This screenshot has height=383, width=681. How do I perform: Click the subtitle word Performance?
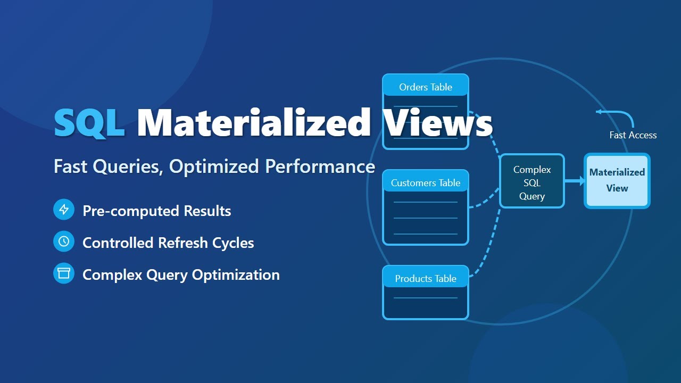click(320, 166)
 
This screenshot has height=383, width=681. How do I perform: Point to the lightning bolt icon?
click(64, 210)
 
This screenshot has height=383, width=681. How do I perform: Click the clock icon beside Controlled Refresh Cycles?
click(64, 242)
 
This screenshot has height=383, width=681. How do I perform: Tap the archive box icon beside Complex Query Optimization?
click(64, 273)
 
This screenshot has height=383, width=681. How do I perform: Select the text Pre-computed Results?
click(156, 211)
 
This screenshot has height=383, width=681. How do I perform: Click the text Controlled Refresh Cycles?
click(168, 243)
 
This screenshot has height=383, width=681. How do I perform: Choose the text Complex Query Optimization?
click(181, 275)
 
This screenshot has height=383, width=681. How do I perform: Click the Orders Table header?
click(426, 87)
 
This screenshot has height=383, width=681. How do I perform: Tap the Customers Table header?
click(426, 183)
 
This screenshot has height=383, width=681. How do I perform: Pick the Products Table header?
click(426, 279)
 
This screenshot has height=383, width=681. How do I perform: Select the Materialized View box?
click(617, 181)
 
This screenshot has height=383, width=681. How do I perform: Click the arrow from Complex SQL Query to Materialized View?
click(575, 181)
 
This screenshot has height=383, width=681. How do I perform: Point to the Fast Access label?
click(633, 135)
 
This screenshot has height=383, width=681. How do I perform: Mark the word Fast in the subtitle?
click(71, 166)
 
